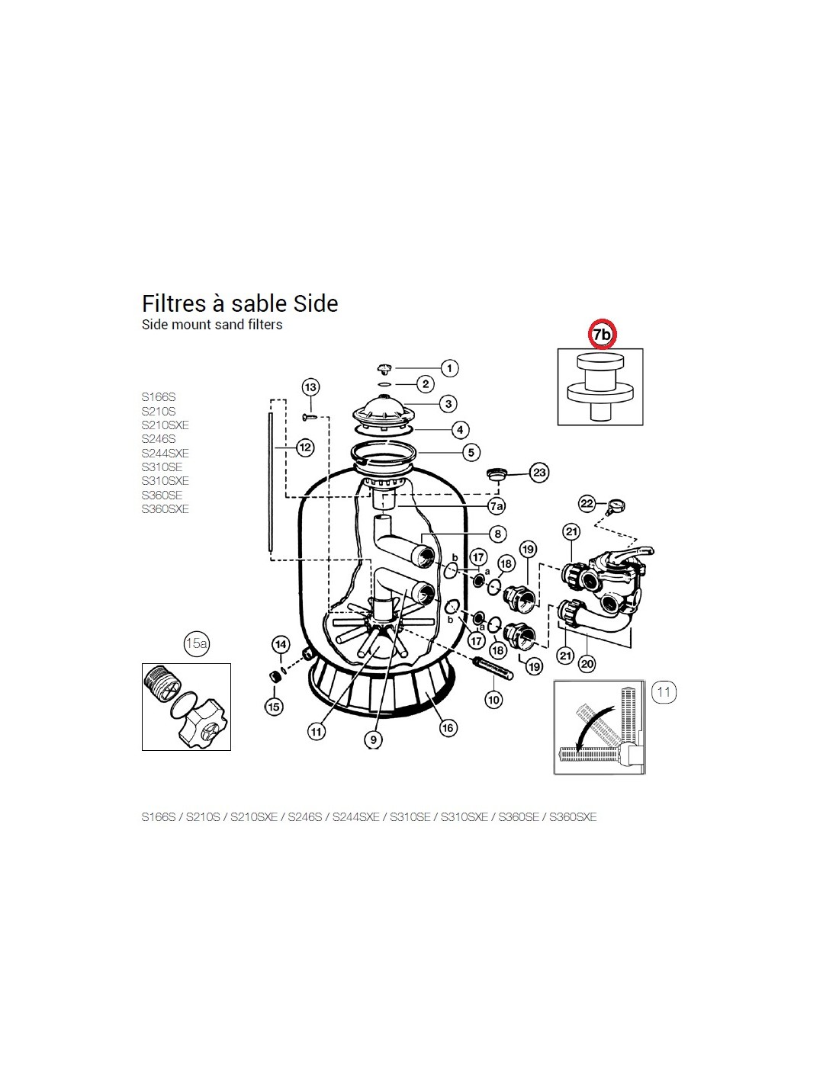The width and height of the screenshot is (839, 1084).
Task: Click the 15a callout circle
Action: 196,643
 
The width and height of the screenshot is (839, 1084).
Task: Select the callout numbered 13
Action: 310,386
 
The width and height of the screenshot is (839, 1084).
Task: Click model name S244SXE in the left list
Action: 166,453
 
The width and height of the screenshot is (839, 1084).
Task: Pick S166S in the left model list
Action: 159,397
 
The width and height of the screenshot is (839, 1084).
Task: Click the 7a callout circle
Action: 496,506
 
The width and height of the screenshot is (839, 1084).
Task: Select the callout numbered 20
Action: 587,663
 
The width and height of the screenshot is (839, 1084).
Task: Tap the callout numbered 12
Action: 305,447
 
